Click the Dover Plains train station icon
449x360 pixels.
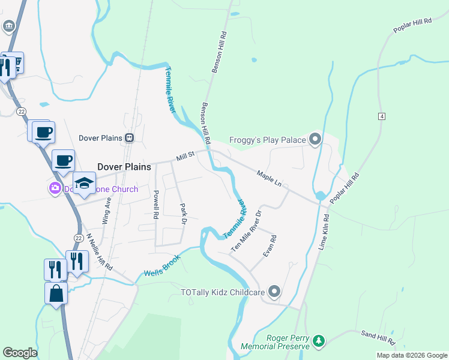[x=129, y=138]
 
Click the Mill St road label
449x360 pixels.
[x=185, y=157]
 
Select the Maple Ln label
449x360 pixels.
[x=269, y=178]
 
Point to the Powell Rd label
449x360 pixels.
[x=155, y=203]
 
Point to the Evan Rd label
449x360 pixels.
[x=270, y=247]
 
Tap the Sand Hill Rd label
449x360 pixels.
[x=378, y=337]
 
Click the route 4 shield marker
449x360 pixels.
[x=381, y=116]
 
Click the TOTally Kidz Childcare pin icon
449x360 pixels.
[x=274, y=292]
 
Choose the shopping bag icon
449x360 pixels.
[x=56, y=294]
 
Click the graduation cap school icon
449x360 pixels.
[x=84, y=182]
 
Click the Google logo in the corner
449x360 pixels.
[x=20, y=353]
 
